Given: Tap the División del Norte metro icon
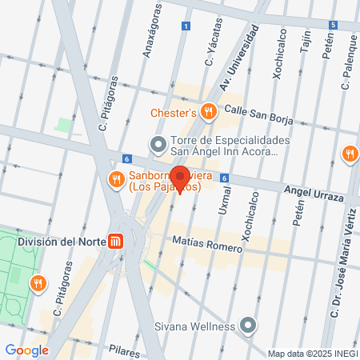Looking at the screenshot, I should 117,241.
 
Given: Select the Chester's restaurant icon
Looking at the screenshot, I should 208,112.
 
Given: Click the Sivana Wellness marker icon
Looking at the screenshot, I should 248,326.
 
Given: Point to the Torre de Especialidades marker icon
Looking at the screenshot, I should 158,145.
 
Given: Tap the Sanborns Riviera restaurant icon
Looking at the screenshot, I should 116,178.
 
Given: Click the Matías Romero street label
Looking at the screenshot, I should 207,243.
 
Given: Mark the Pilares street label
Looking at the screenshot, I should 126,350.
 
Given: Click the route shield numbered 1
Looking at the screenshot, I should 186,26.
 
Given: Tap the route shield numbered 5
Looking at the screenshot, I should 332,25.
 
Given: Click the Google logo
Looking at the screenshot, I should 26,350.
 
